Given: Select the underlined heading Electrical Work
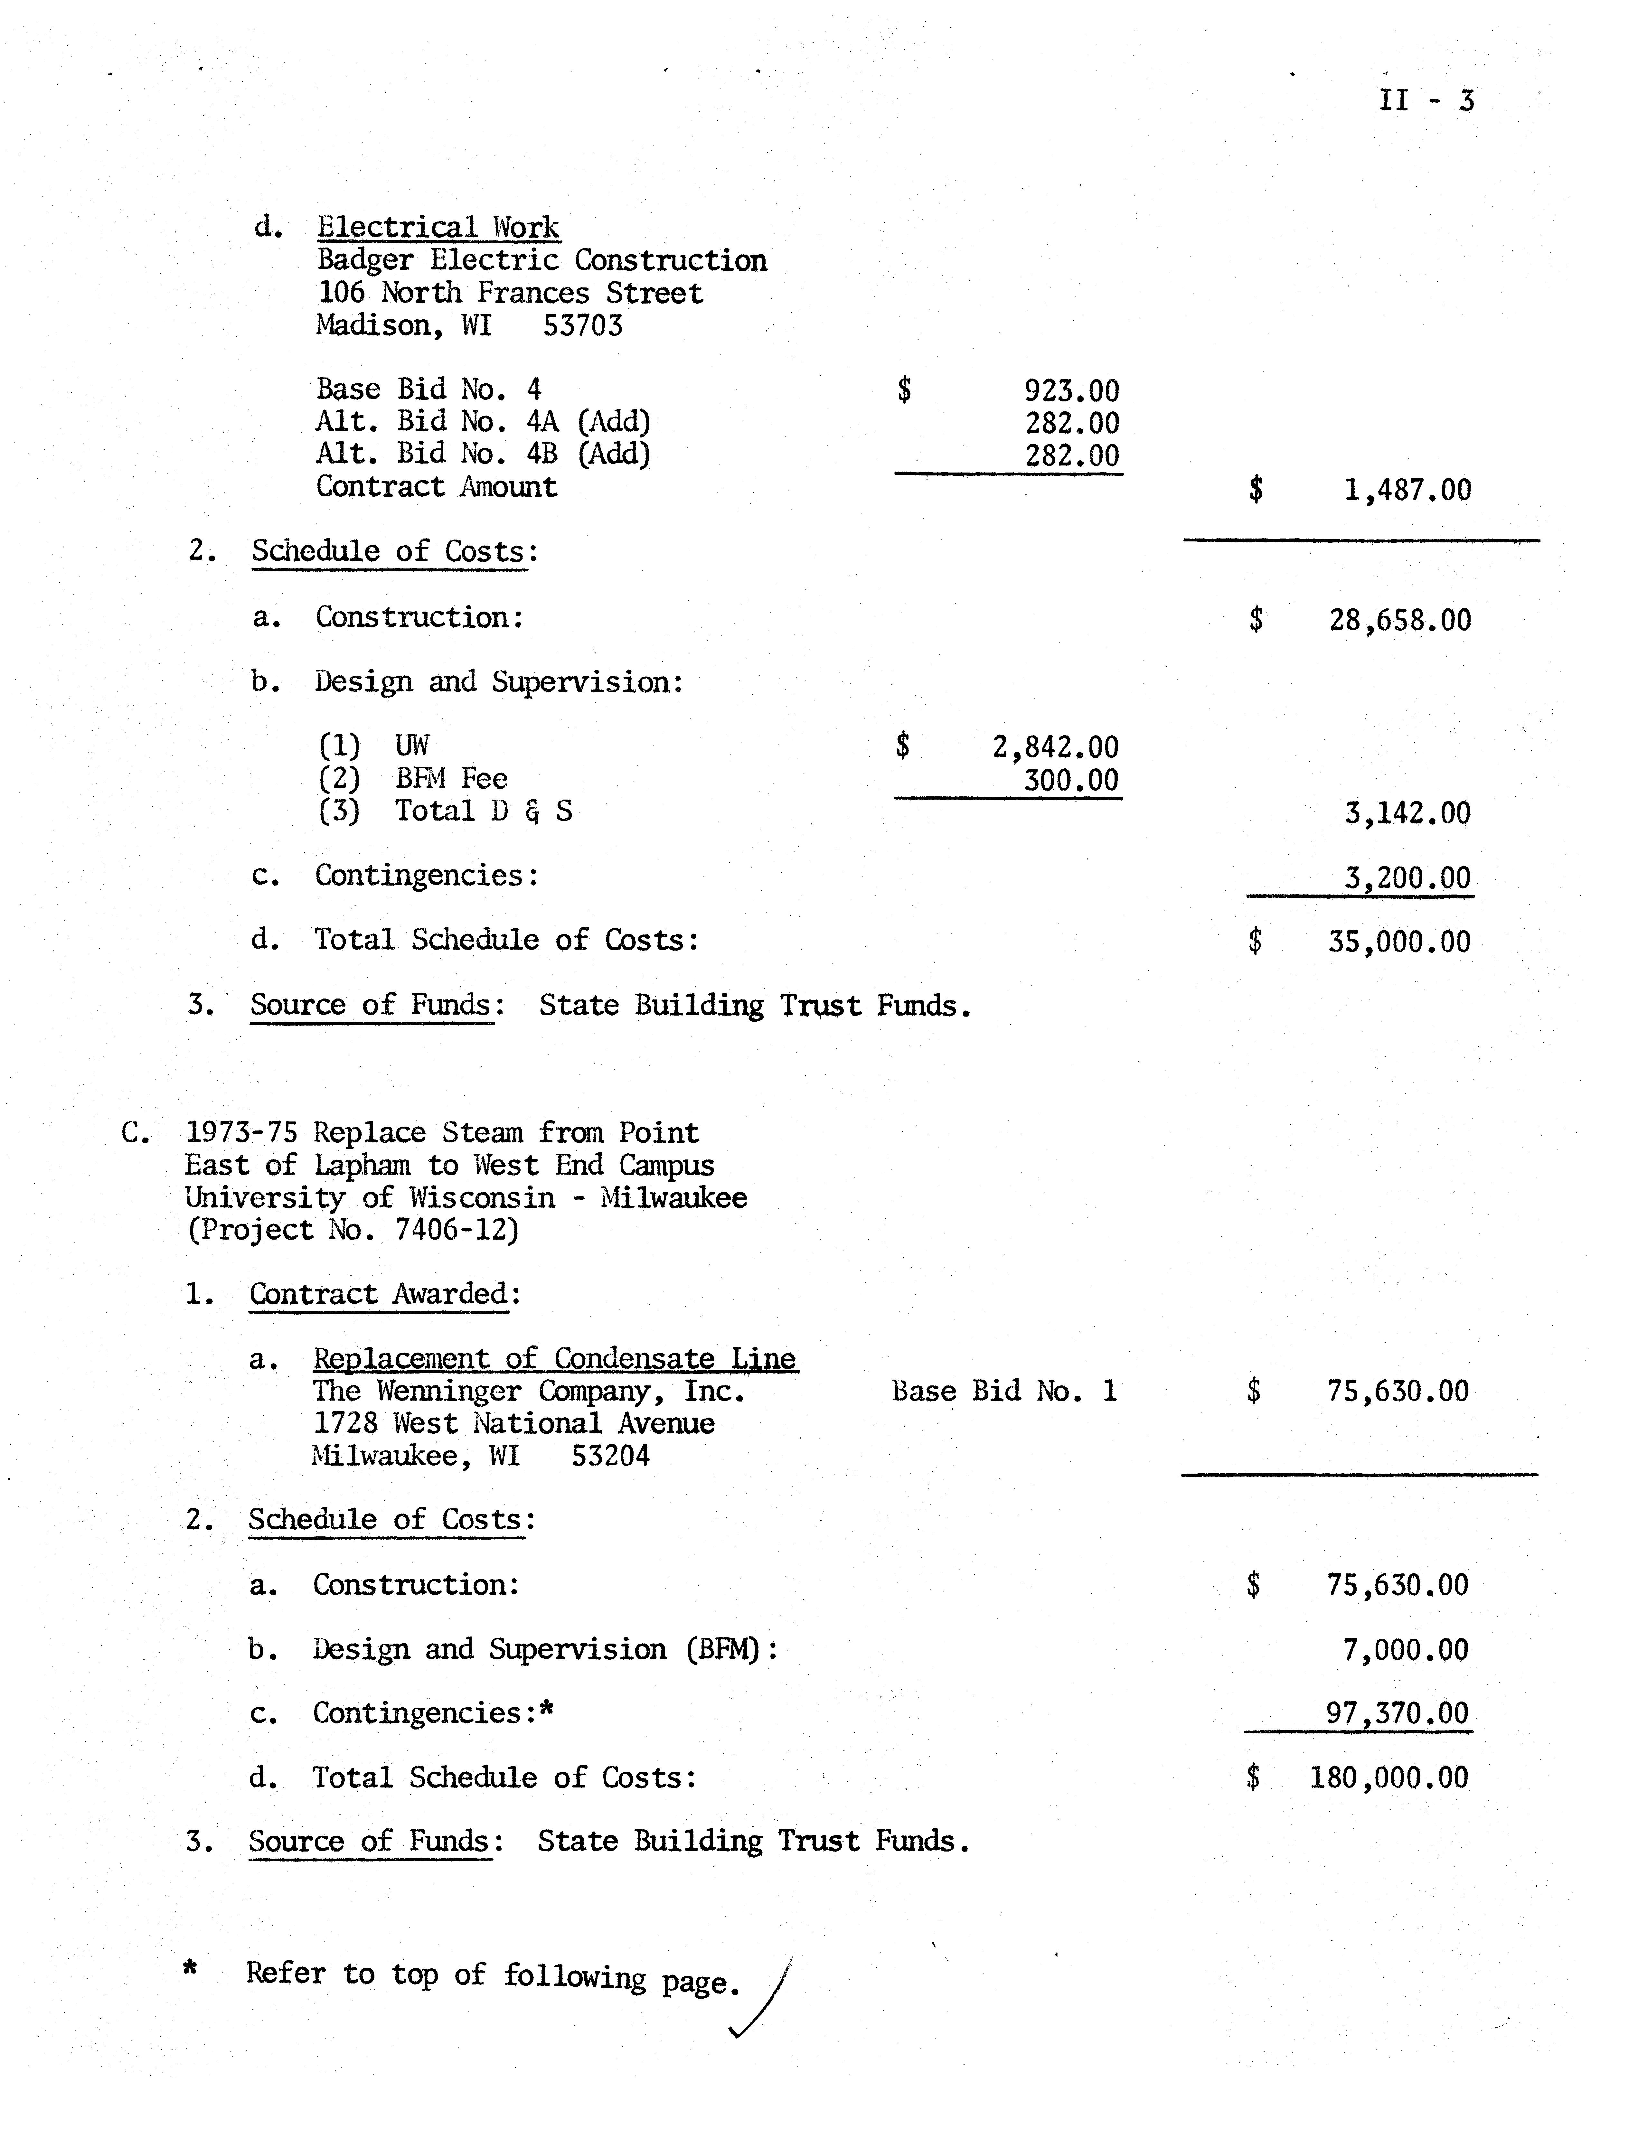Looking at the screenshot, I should (438, 227).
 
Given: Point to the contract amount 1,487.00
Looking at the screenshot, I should (1407, 489).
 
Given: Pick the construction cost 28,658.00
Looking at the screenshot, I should (1399, 620).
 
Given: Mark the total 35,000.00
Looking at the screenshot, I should (1399, 942).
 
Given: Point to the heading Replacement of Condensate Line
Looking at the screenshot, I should (554, 1359).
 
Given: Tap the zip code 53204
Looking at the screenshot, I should (610, 1456).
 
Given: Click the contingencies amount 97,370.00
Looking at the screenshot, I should (1396, 1713).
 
